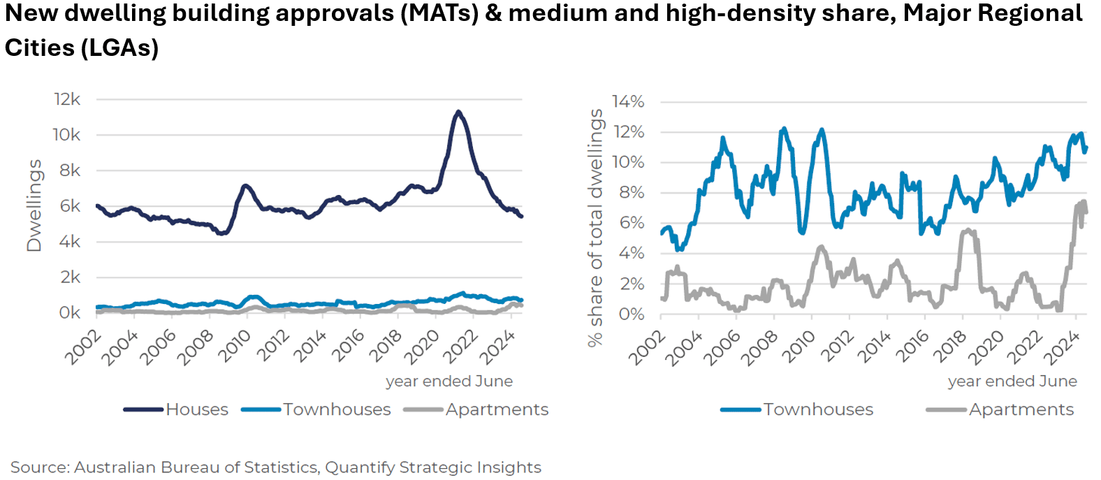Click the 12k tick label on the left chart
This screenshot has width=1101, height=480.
coord(67,99)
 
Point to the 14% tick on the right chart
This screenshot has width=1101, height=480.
coord(628,102)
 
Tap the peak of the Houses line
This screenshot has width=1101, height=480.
coord(458,112)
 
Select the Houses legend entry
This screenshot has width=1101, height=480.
coord(176,409)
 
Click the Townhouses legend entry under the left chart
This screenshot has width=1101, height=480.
coord(316,409)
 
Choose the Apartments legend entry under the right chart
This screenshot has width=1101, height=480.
coord(1000,409)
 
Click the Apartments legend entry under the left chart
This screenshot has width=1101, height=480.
coord(476,409)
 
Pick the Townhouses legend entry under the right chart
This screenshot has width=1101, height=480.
coord(797,409)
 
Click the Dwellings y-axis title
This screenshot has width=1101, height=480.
coord(34,205)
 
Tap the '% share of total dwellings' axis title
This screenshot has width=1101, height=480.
coord(595,227)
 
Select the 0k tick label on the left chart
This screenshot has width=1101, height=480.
coord(69,313)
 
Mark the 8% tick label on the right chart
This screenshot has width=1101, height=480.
coord(632,193)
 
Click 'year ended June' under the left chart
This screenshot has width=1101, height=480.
coord(449,381)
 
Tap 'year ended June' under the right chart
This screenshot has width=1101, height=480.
coord(1012,381)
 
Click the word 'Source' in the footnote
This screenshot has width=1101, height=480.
coord(39,467)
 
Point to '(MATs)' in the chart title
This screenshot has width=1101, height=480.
coord(439,14)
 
